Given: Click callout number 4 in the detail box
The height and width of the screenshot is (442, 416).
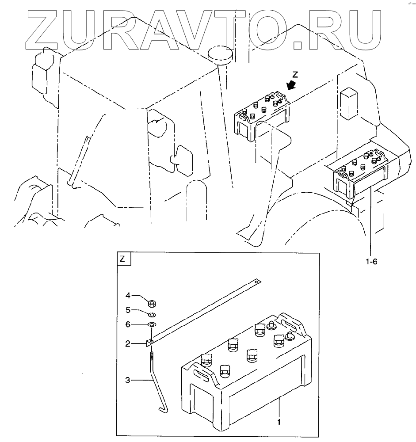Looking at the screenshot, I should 127,295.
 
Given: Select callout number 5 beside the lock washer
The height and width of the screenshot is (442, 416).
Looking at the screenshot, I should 127,309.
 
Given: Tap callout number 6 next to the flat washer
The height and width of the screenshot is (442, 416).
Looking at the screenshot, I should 127,324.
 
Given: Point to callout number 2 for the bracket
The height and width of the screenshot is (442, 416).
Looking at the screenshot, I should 127,343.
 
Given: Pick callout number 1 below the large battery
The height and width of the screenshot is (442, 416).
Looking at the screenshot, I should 279,422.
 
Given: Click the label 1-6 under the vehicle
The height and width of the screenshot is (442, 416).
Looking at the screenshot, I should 371,262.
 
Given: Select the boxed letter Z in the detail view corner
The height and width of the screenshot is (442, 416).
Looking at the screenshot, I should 124,259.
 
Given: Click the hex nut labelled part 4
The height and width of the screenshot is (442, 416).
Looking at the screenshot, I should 150,303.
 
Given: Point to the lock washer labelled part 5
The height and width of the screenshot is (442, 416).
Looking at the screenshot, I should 151,315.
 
